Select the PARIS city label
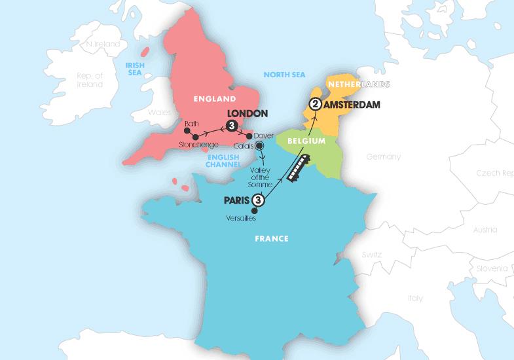[236, 200]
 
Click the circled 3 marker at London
[230, 126]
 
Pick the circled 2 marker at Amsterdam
[316, 104]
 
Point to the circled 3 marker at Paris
[258, 200]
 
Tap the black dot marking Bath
[187, 130]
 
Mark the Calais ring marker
[260, 147]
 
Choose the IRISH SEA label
[136, 67]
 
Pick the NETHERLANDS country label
[357, 85]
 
